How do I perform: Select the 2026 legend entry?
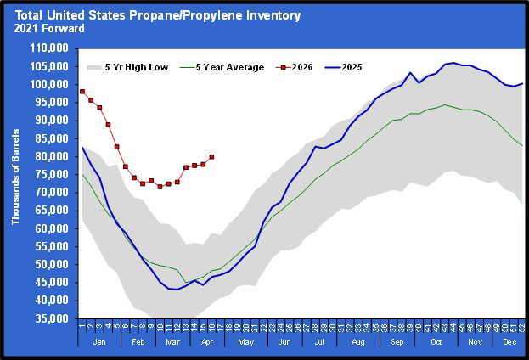(x=302, y=67)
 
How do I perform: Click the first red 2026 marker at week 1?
(x=82, y=91)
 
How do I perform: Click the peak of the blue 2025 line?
(x=454, y=62)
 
